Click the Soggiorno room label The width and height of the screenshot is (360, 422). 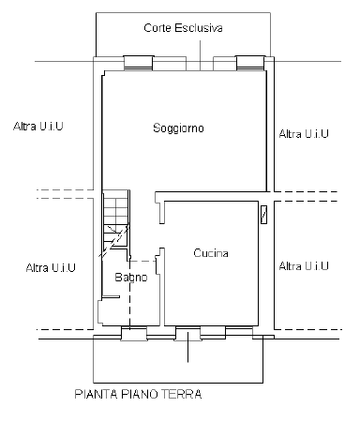pos(178,128)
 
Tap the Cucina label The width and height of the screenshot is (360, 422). pos(211,253)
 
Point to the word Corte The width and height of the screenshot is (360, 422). pos(159,29)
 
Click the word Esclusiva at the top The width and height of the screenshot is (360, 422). pos(199,29)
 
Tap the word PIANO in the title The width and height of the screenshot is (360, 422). pos(137,394)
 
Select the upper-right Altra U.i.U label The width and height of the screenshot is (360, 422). pos(304,135)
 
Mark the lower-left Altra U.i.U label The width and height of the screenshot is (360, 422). pos(51,267)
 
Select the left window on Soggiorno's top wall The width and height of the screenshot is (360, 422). pos(138,62)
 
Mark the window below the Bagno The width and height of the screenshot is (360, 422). pos(132,331)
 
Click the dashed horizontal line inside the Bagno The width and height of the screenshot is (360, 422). pos(141,261)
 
